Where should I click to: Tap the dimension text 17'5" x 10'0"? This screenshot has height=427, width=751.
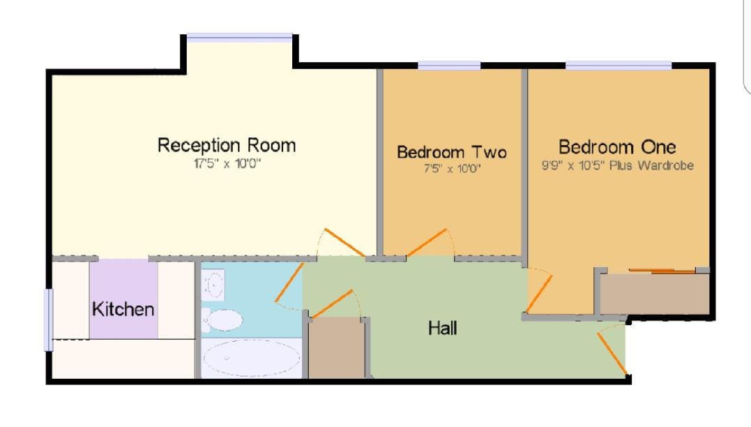(227, 164)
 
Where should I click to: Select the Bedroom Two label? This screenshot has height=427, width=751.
(452, 152)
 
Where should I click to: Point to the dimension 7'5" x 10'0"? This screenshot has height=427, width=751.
(452, 169)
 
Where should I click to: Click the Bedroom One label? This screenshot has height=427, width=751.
(617, 147)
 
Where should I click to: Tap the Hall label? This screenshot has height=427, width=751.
(443, 329)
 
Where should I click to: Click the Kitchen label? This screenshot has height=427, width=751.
(123, 309)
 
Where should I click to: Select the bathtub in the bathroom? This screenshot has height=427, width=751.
(252, 358)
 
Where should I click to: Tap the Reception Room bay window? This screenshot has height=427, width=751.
(239, 38)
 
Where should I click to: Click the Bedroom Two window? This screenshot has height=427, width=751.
(449, 66)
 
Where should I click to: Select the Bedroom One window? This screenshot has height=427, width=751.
(619, 66)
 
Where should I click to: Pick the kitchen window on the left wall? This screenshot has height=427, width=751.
(48, 320)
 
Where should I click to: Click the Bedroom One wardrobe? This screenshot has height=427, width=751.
(655, 294)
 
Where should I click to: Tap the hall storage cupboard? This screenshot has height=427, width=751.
(337, 347)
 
